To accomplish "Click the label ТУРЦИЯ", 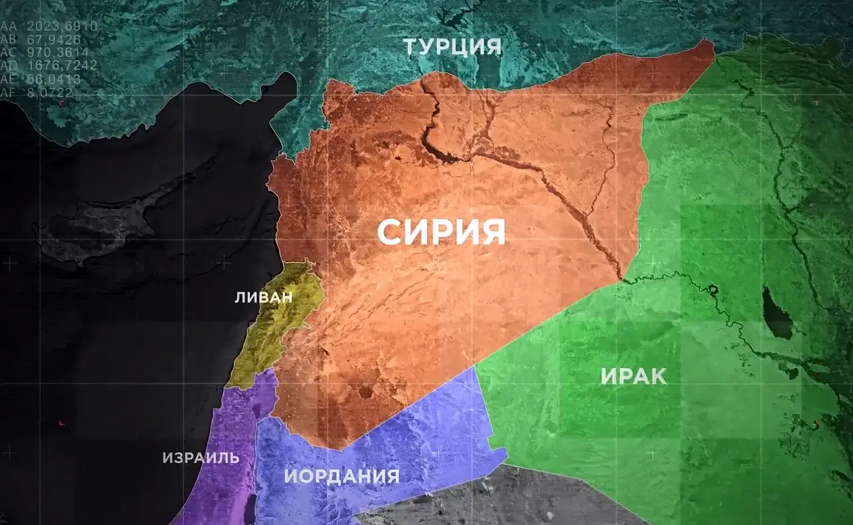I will click(x=452, y=47).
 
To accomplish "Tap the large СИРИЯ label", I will click(x=441, y=232).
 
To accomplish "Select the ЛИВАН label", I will click(x=263, y=298).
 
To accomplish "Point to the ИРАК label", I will click(x=633, y=376).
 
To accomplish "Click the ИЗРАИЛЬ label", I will click(x=201, y=458).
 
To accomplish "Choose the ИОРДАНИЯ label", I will click(x=342, y=476).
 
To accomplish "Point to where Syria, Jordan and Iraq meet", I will click(x=475, y=366).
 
